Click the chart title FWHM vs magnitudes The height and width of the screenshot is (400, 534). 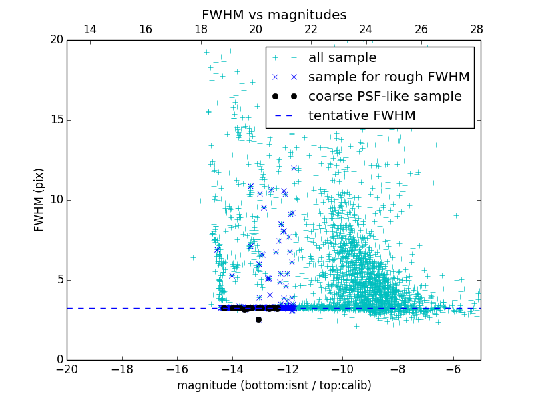274,15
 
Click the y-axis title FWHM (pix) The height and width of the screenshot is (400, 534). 39,200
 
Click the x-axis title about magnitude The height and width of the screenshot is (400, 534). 274,385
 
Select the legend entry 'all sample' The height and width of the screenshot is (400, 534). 342,58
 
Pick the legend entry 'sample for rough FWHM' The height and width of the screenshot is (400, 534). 388,77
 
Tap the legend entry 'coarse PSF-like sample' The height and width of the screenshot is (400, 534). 384,97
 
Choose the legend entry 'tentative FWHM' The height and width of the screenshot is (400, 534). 362,116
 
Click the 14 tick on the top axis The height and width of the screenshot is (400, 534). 90,29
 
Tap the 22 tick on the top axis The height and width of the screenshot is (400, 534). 311,29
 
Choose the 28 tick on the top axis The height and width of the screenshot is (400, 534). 477,29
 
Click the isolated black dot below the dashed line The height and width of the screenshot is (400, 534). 258,319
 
